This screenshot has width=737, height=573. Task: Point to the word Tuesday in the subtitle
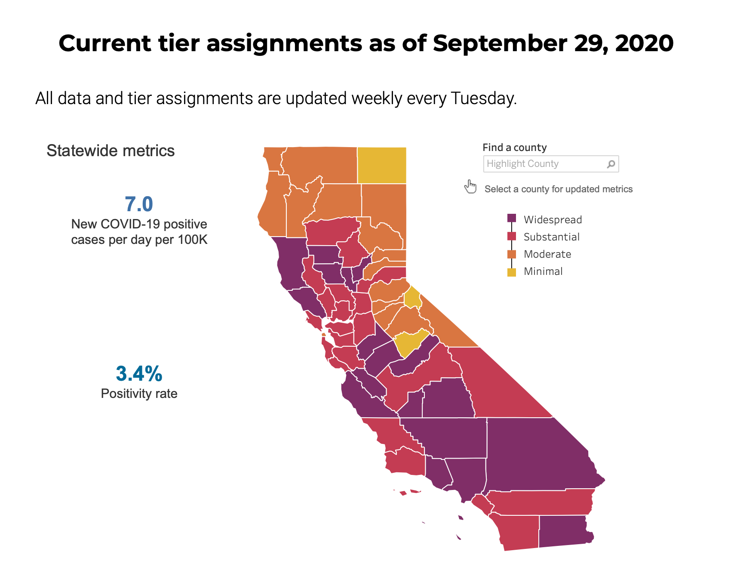pyautogui.click(x=483, y=99)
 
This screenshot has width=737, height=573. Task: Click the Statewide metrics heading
pyautogui.click(x=111, y=151)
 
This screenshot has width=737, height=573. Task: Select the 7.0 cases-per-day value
pyautogui.click(x=139, y=204)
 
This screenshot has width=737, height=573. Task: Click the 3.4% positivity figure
pyautogui.click(x=139, y=374)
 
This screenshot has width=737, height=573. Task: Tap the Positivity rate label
pyautogui.click(x=139, y=394)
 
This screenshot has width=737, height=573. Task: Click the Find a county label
pyautogui.click(x=514, y=148)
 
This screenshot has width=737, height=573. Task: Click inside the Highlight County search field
pyautogui.click(x=542, y=164)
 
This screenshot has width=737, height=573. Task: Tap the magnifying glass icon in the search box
pyautogui.click(x=611, y=164)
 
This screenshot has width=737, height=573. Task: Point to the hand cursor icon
pyautogui.click(x=470, y=187)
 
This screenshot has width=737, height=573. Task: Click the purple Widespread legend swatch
pyautogui.click(x=512, y=218)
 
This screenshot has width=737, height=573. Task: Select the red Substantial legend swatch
pyautogui.click(x=512, y=236)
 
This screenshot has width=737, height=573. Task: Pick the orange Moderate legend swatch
pyautogui.click(x=512, y=254)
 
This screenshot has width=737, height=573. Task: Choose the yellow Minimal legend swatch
pyautogui.click(x=512, y=272)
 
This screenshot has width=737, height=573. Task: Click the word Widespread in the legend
pyautogui.click(x=553, y=220)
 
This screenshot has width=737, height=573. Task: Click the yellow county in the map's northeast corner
pyautogui.click(x=382, y=165)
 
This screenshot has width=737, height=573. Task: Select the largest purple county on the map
pyautogui.click(x=537, y=456)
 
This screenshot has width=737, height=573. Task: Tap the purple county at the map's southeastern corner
pyautogui.click(x=563, y=531)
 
